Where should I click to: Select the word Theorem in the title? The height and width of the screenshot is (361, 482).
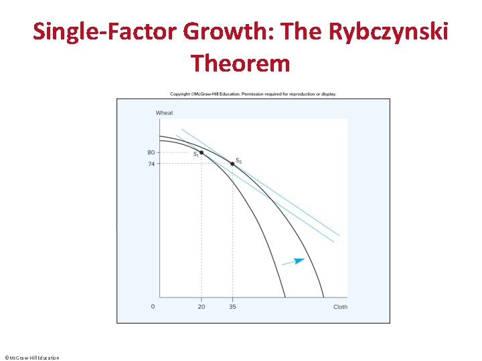point(240,64)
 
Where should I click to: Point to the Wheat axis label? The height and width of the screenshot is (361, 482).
point(164,113)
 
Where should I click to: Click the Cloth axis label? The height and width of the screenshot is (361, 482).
point(340,307)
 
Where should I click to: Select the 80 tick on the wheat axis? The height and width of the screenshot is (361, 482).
point(151,152)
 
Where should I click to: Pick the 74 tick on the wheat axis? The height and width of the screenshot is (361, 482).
point(151,163)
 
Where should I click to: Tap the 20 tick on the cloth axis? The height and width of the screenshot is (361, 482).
point(202,307)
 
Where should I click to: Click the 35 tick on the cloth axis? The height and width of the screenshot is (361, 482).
point(232,307)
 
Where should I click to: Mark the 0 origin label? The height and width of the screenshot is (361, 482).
point(153,307)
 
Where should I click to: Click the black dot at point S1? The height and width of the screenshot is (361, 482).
point(202,152)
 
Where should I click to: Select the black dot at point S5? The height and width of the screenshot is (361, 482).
point(232,164)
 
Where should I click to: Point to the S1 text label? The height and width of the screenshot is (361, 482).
point(195,155)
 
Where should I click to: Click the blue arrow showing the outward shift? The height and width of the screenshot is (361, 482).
point(293,261)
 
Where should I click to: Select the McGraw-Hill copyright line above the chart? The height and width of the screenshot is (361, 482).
point(253,94)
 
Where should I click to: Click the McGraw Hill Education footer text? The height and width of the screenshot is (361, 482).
point(31,358)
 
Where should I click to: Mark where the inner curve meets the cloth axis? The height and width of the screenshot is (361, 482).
point(285,297)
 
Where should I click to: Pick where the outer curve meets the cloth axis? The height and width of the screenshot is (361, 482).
point(323,297)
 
